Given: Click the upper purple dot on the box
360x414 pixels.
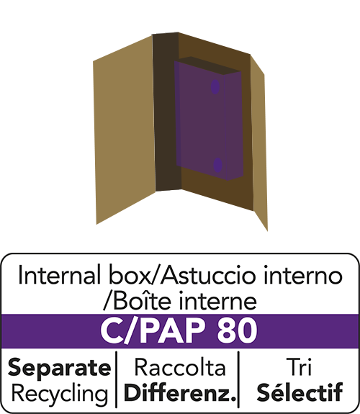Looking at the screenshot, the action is coord(215,86).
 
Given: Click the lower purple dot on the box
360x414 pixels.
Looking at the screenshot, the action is coord(217,165).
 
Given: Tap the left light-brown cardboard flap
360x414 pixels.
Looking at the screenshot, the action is coord(124,130).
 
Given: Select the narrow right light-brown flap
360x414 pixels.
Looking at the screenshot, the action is coord(259,143).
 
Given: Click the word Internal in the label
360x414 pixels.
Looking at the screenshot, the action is coord(60,275).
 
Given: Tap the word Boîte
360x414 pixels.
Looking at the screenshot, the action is coord(141,301).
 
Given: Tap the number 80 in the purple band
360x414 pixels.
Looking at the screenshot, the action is coord(237,331).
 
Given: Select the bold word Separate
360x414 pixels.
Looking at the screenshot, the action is coord(60,368).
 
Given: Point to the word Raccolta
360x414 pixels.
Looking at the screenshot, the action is coord(180,367).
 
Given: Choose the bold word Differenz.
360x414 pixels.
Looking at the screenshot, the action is coord(179,393).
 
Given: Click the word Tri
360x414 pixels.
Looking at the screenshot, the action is coord(299,366).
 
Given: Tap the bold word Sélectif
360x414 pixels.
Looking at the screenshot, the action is coord(300,392).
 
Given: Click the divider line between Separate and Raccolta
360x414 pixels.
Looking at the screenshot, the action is coord(116,379).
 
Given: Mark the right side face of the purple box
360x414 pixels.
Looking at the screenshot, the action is coord(234,126).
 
